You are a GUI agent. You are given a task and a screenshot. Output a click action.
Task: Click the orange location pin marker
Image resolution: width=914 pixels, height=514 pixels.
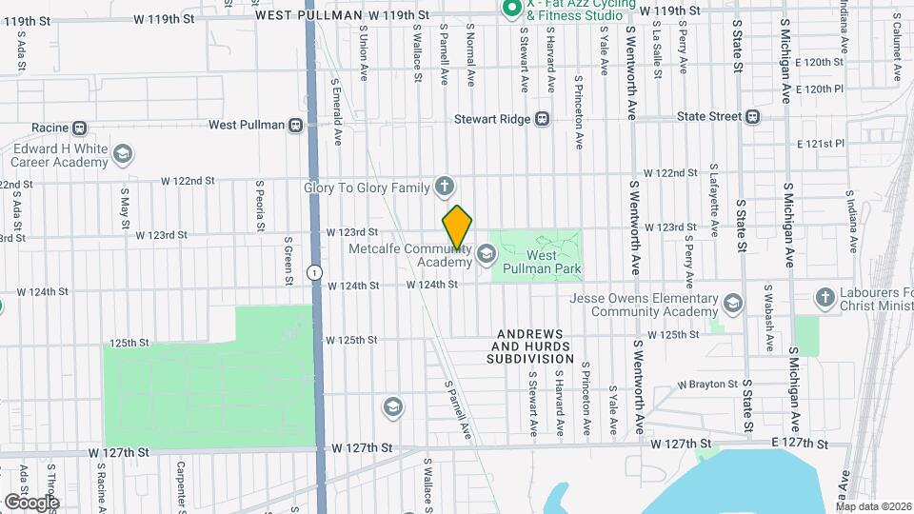tap(458, 228)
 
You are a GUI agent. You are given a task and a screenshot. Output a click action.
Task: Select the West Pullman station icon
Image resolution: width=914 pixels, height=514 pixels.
tap(296, 125)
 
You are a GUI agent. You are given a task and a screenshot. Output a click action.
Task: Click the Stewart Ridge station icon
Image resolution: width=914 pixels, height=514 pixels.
tap(542, 119)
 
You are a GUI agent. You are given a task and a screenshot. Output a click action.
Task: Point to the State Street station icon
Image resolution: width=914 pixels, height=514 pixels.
tap(753, 117)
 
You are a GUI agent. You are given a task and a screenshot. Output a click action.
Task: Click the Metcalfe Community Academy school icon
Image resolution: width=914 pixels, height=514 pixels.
tap(487, 253)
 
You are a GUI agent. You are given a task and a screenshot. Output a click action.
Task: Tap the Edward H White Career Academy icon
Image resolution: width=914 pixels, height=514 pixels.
tap(123, 153)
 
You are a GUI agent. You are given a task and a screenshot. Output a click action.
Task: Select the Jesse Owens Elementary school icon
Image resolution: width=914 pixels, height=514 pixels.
tap(732, 304)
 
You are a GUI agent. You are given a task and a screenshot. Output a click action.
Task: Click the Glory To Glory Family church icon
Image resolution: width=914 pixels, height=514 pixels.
tap(444, 187)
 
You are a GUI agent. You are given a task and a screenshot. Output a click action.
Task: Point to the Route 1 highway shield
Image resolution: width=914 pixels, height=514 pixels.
tap(313, 272)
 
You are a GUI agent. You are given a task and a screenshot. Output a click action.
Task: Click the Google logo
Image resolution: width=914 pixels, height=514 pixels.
tap(32, 502)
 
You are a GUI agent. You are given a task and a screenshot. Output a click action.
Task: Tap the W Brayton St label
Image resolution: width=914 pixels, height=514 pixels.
tap(707, 385)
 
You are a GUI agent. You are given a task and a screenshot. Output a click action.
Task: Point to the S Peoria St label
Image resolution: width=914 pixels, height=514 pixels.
tap(260, 205)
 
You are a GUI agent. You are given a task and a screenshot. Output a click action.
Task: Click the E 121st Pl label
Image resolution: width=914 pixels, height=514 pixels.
tap(821, 144)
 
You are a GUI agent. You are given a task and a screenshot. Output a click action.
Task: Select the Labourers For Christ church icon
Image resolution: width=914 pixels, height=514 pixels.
tap(825, 298)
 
